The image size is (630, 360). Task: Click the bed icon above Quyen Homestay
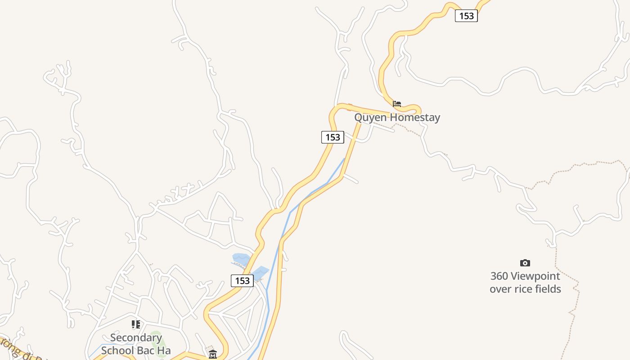[x=396, y=103]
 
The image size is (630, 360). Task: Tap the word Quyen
[x=370, y=117]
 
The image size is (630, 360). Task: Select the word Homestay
[x=414, y=117]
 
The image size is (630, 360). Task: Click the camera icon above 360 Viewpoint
[x=525, y=263]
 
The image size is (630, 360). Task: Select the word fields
[x=547, y=289]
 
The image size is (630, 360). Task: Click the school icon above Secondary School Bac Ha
[x=136, y=324]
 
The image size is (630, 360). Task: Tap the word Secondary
[x=136, y=337]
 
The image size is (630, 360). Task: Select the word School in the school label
[x=116, y=351]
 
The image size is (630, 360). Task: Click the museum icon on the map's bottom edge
[x=213, y=355]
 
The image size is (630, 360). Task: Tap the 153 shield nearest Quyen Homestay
[x=333, y=137]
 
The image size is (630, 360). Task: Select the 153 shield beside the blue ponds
[x=242, y=281]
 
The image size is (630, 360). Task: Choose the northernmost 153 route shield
[x=466, y=16]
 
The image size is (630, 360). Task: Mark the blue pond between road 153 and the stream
[x=261, y=272]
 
